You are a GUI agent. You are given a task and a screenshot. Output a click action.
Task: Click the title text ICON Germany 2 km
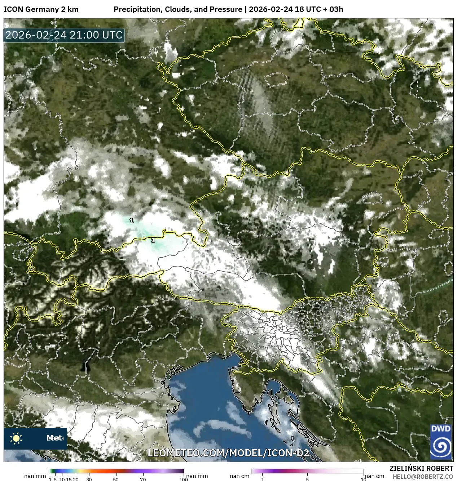pyautogui.click(x=41, y=9)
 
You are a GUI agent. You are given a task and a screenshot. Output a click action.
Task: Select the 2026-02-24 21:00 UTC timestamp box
pyautogui.click(x=64, y=35)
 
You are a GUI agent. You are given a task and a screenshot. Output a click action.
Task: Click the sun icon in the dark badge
pyautogui.click(x=16, y=438)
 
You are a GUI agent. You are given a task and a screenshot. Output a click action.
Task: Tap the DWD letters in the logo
pyautogui.click(x=441, y=429)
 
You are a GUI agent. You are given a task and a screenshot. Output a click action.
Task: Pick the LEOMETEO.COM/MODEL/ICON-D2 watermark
pyautogui.click(x=228, y=453)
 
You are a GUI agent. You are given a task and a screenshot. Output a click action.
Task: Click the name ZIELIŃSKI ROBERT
pyautogui.click(x=421, y=468)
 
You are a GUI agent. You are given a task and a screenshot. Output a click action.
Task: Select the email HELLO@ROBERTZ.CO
pyautogui.click(x=423, y=477)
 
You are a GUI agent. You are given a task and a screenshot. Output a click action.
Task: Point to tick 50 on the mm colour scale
pyautogui.click(x=116, y=479)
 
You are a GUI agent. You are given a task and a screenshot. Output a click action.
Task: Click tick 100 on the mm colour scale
pyautogui.click(x=184, y=479)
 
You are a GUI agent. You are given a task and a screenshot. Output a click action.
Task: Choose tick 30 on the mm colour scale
pyautogui.click(x=89, y=479)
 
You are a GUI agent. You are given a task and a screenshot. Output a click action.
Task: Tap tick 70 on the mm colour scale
pyautogui.click(x=143, y=479)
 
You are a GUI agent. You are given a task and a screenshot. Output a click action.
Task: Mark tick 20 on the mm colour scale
pyautogui.click(x=76, y=479)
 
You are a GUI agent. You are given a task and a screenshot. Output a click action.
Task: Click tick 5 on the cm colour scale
pyautogui.click(x=307, y=479)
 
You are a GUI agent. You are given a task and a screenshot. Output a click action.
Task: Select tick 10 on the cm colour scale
pyautogui.click(x=363, y=479)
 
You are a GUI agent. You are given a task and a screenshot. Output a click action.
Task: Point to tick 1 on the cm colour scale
pyautogui.click(x=263, y=479)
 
